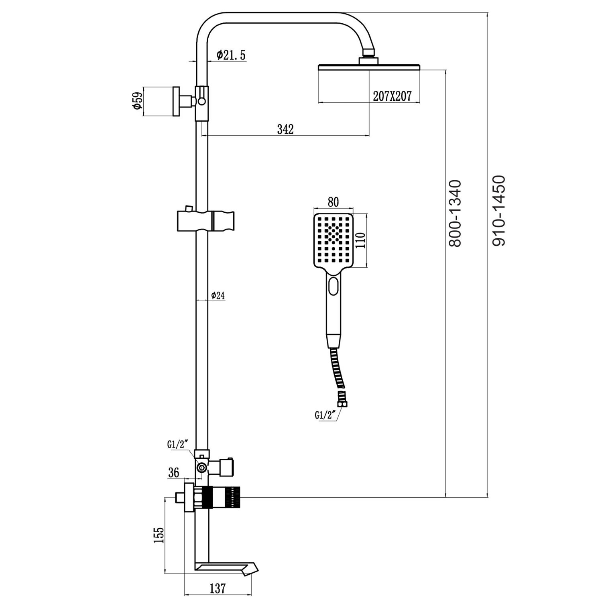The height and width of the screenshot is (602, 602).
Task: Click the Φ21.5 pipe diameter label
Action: click(231, 55)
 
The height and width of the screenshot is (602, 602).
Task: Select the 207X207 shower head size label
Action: click(392, 96)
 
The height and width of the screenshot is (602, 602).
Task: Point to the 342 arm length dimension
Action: click(285, 129)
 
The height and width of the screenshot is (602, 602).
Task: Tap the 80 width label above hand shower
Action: click(333, 201)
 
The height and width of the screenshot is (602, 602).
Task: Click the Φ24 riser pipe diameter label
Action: click(218, 296)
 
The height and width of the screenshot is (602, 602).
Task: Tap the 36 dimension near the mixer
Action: click(174, 473)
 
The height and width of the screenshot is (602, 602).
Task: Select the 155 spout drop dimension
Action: click(159, 535)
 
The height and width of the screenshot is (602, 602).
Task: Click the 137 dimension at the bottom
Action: click(217, 589)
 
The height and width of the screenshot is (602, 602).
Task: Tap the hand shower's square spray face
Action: click(333, 240)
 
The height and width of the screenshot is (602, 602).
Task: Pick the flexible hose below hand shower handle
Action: click(336, 369)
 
